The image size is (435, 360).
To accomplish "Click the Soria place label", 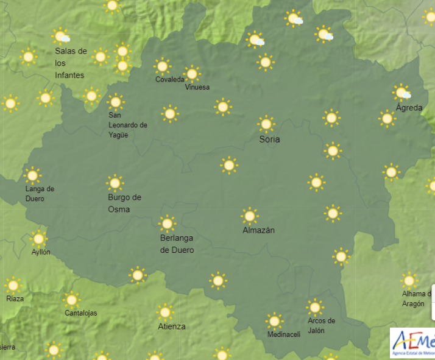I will [x=269, y=139].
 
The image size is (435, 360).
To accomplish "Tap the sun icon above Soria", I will [x=266, y=124].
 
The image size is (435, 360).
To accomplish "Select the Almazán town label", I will [x=258, y=230].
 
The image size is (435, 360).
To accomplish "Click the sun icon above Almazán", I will [x=249, y=216].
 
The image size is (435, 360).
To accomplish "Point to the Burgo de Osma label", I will [x=124, y=203].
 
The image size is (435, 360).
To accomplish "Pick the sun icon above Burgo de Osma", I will [x=115, y=183].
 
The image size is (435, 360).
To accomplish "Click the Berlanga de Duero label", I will [x=177, y=244].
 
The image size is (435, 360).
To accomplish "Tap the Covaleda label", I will [x=169, y=79].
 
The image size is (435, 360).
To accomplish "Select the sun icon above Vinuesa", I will [x=192, y=74].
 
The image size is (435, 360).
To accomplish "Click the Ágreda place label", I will [x=409, y=108].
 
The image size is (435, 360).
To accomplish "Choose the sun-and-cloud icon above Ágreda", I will [x=401, y=93].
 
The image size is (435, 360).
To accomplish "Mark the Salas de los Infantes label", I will [x=71, y=63].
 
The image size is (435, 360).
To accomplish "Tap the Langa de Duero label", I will [x=40, y=193].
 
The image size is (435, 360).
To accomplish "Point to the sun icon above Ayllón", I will [x=38, y=238].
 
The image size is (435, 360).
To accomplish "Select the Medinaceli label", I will [x=284, y=334].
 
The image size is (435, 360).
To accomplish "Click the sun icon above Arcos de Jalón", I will [x=314, y=307].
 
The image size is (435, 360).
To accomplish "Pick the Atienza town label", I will [x=171, y=326].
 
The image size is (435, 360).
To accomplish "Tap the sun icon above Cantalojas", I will [x=71, y=300].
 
